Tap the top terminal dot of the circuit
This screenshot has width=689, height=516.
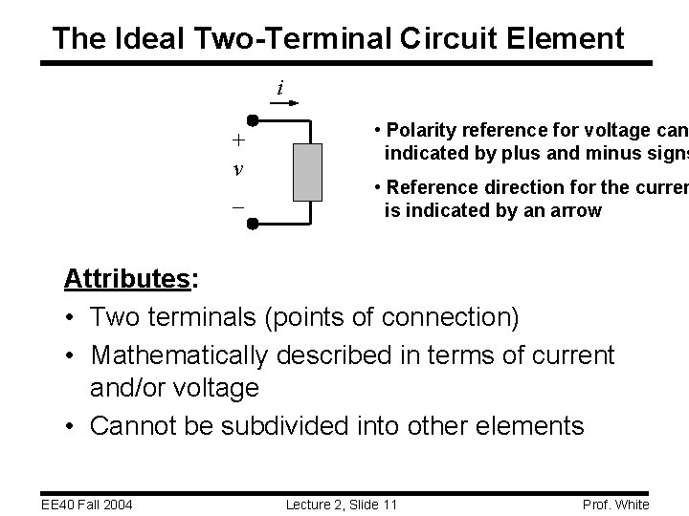pos(252,121)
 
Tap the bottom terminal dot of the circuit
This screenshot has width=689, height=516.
pos(252,224)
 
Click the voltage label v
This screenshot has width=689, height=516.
pos(237,170)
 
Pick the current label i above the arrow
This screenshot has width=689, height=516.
pos(279,88)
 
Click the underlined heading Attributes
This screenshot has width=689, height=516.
pos(126,279)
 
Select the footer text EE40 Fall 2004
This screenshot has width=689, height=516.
pos(85,504)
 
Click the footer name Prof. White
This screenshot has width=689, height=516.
pos(617,504)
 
